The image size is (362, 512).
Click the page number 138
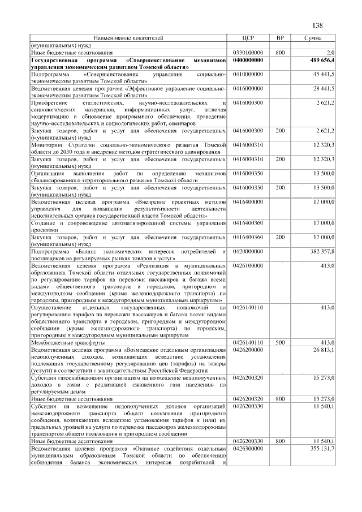pos(317,25)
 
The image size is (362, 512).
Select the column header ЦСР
pos(248,38)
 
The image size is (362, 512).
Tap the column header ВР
pos(279,38)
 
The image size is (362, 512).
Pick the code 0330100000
pos(248,53)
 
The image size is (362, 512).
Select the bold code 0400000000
pos(248,59)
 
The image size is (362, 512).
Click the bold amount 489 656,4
pos(322,59)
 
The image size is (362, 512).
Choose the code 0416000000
pos(248,89)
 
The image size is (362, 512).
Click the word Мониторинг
pos(47,145)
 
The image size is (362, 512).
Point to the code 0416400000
pos(248,201)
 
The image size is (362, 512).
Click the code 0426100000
pos(248,265)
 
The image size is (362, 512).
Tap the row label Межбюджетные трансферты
pos(67,342)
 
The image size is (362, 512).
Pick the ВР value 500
pos(279,342)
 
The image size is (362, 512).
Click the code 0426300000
pos(248,448)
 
